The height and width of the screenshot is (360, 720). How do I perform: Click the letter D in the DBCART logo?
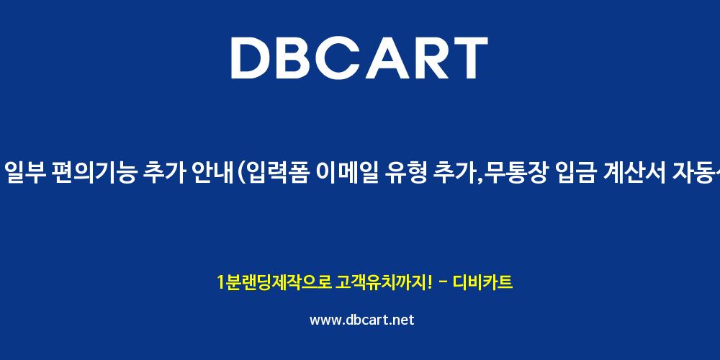click(x=251, y=58)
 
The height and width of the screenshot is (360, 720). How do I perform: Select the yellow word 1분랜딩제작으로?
click(x=274, y=282)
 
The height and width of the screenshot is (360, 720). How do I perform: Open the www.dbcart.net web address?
click(x=362, y=320)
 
